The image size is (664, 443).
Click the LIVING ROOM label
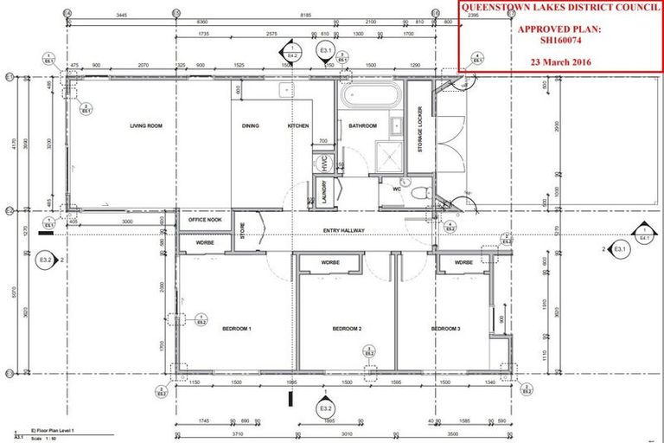pyautogui.click(x=147, y=126)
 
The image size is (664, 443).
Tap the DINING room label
pyautogui.click(x=251, y=126)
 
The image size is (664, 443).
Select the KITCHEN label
pyautogui.click(x=298, y=126)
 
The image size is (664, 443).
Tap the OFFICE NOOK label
pyautogui.click(x=206, y=220)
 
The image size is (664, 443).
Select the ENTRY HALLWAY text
pyautogui.click(x=344, y=229)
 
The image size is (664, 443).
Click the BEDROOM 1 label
pyautogui.click(x=237, y=329)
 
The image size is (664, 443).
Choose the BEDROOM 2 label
pyautogui.click(x=347, y=329)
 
